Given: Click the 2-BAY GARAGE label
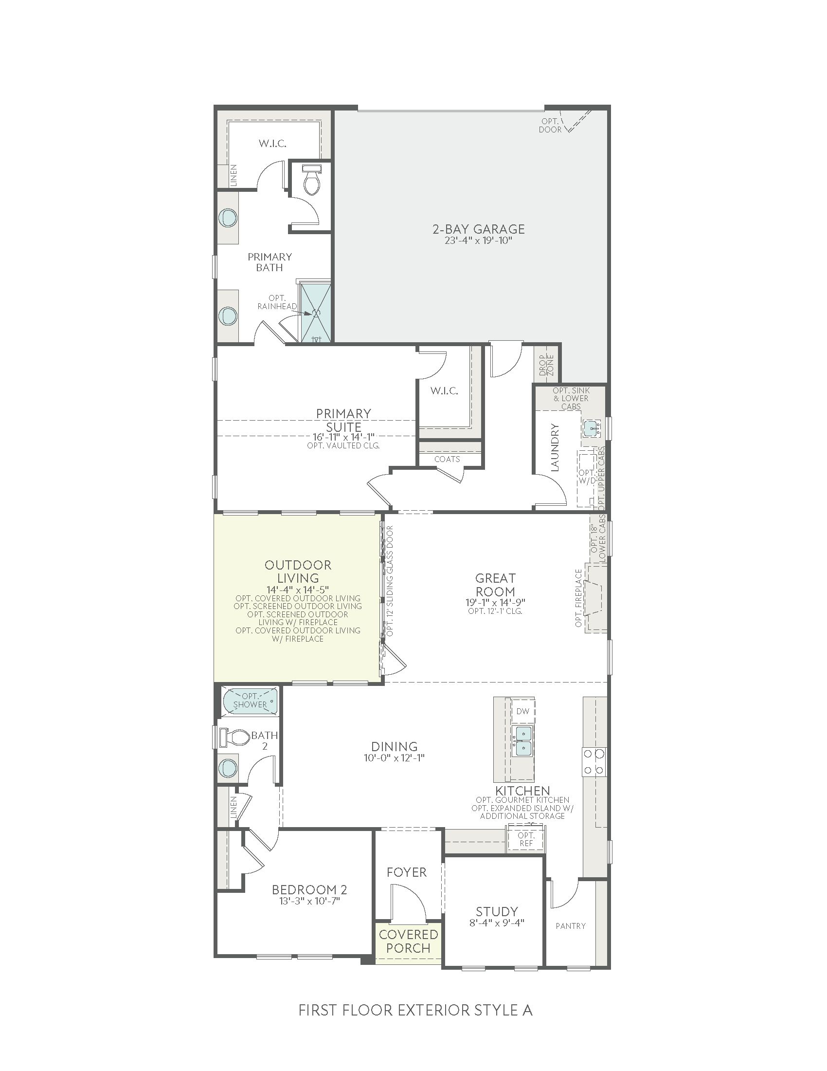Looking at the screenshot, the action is [x=478, y=229].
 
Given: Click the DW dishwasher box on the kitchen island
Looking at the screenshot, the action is [x=523, y=711].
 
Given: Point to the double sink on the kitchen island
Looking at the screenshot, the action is [x=522, y=741].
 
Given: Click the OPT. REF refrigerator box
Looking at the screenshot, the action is [x=526, y=839].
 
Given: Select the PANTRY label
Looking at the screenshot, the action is [x=571, y=926].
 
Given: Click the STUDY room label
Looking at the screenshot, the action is [x=497, y=911].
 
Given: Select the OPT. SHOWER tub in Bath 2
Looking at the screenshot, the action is [x=250, y=701].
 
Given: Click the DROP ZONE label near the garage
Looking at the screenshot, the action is [x=546, y=365].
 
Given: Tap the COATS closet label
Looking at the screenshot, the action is [x=447, y=459].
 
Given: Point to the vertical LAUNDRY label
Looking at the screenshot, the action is [x=555, y=447].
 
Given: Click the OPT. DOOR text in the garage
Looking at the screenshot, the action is [x=550, y=126].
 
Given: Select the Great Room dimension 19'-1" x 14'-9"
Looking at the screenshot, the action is [x=495, y=602].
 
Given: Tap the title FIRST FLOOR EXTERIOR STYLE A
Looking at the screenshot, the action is [x=415, y=1011].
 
